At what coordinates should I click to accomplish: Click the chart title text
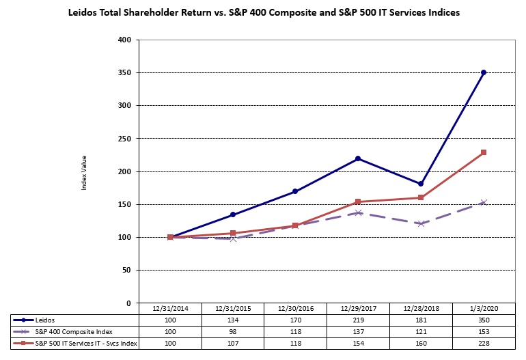(263, 12)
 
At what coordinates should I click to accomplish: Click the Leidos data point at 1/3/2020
(484, 72)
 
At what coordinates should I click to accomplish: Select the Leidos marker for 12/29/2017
(358, 158)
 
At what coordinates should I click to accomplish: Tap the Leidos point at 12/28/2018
(421, 184)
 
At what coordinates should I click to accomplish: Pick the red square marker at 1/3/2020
(484, 152)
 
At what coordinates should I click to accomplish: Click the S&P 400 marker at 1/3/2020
(484, 202)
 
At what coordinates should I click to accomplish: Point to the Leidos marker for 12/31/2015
(233, 214)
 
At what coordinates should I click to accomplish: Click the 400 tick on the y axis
(124, 40)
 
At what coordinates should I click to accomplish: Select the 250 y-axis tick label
(124, 139)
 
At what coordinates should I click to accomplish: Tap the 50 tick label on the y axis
(126, 271)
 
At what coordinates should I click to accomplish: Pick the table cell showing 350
(484, 320)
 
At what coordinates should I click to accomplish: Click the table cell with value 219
(358, 320)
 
